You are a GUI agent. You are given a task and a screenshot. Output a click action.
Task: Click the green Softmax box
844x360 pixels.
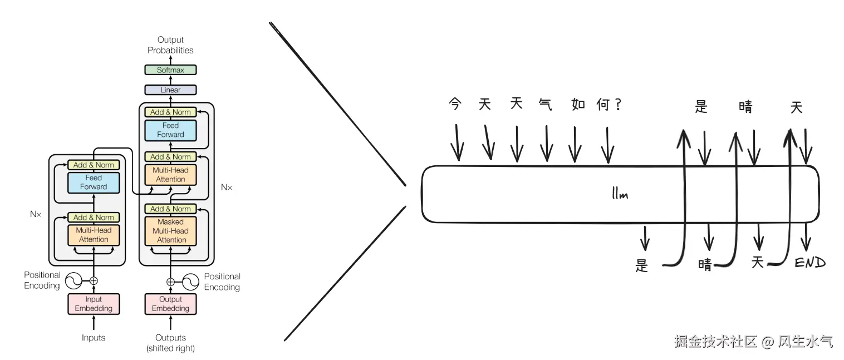(170, 70)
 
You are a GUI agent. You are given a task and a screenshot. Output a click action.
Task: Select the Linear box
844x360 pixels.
(170, 90)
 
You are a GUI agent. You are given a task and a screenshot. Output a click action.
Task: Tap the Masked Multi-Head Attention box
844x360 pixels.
(170, 231)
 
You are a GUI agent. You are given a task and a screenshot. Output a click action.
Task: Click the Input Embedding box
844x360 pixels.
(94, 304)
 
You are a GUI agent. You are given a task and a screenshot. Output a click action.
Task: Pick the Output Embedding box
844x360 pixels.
(170, 304)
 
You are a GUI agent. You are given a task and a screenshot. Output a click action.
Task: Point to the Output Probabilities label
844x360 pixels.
(170, 45)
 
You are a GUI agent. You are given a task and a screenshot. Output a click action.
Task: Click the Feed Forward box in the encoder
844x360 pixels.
(94, 183)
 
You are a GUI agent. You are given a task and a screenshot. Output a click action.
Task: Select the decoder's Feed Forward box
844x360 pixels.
(170, 130)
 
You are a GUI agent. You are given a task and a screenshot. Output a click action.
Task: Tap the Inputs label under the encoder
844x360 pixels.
(94, 338)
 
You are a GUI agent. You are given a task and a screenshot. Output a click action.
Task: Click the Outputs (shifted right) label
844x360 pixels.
(170, 343)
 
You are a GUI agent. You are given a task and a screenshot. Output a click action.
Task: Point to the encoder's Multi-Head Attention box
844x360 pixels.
(94, 235)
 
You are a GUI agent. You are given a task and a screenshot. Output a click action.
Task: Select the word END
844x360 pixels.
(809, 263)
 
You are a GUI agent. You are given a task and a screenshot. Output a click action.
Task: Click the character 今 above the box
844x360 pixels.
(455, 104)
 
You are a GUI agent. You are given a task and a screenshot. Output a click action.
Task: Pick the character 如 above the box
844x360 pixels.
(578, 105)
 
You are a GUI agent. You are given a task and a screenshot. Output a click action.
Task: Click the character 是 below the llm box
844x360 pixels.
(642, 265)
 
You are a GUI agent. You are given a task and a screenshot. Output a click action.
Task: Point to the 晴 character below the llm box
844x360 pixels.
(705, 265)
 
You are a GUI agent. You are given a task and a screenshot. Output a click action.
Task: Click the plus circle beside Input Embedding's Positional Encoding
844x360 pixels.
(94, 281)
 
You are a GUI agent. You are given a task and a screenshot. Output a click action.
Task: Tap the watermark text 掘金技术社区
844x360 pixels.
(715, 341)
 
